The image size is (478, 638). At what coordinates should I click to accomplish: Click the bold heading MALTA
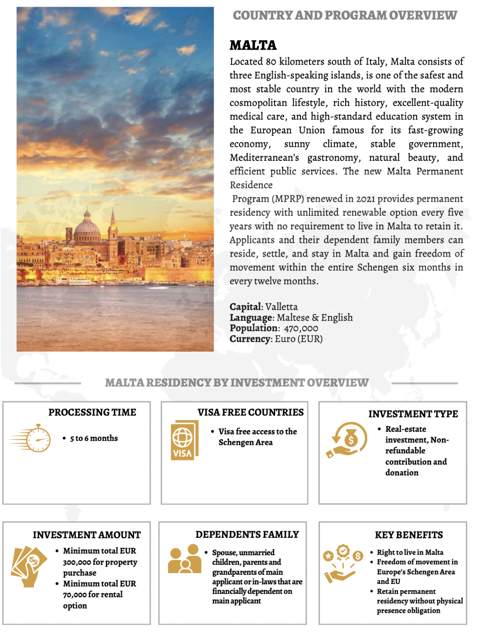pos(253,45)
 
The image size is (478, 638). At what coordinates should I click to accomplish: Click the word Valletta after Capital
pos(281,307)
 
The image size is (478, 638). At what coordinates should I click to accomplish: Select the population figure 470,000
pos(301,328)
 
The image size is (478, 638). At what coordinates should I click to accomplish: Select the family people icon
pos(185,560)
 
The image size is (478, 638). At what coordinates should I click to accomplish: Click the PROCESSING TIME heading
pos(92,412)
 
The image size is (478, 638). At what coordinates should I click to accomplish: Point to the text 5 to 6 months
pos(94,438)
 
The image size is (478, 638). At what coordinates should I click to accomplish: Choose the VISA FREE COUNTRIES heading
pos(250,412)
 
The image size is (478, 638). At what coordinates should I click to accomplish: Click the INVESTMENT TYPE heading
pos(413,414)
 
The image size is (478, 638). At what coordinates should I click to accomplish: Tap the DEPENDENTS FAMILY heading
pos(247,535)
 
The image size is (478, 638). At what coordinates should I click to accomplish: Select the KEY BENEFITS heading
pos(409,535)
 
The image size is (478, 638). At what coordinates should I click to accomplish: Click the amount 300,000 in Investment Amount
pos(77,563)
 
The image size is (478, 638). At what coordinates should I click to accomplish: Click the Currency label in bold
pos(251,339)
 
